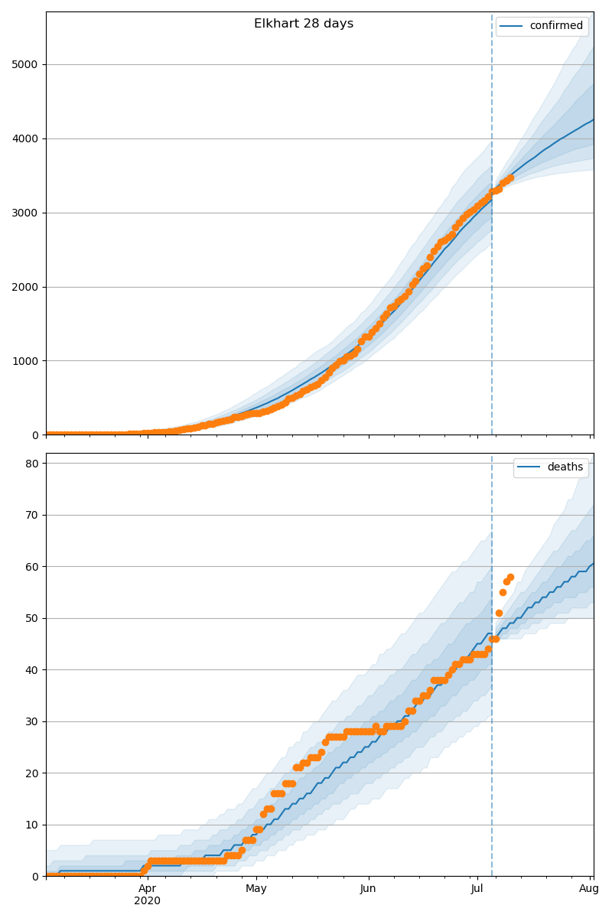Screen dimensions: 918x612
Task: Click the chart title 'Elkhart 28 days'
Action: [304, 24]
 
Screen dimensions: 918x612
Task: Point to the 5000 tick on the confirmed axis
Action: [25, 65]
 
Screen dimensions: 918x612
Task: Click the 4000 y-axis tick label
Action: [25, 139]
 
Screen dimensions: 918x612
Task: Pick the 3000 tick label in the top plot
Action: [25, 213]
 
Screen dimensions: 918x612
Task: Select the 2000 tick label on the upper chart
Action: [25, 288]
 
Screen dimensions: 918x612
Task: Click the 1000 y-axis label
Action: [25, 361]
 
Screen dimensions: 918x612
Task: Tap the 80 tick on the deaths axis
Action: [31, 464]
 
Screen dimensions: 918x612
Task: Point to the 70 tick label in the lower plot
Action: [31, 516]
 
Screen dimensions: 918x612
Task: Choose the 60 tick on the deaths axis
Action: [31, 567]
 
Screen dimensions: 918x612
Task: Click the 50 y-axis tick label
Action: [31, 619]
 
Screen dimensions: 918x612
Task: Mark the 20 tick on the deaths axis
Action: [31, 773]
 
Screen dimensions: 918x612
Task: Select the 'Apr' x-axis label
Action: [148, 888]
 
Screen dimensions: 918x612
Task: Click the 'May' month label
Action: [256, 888]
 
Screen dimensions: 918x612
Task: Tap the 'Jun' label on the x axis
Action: [368, 888]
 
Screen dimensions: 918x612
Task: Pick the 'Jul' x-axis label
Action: [477, 888]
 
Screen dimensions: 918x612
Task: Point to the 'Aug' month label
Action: [589, 888]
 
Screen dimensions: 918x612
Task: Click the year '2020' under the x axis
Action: [148, 901]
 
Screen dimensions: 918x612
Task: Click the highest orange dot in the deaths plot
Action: [510, 577]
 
